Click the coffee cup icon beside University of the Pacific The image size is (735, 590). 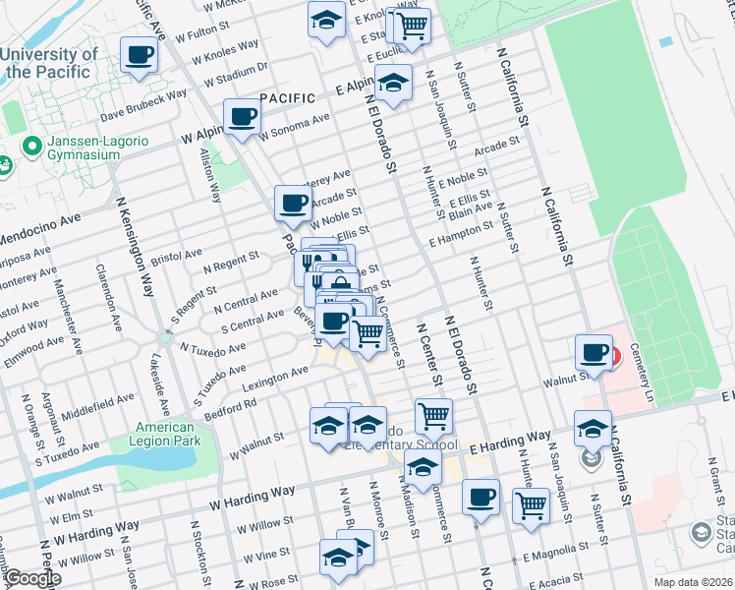tap(140, 54)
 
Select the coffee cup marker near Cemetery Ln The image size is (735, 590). tap(594, 351)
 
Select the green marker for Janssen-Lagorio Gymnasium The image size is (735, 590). tap(32, 148)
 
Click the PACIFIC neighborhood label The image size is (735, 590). tap(288, 98)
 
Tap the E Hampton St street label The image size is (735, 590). tap(461, 234)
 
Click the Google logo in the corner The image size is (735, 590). tap(32, 578)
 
